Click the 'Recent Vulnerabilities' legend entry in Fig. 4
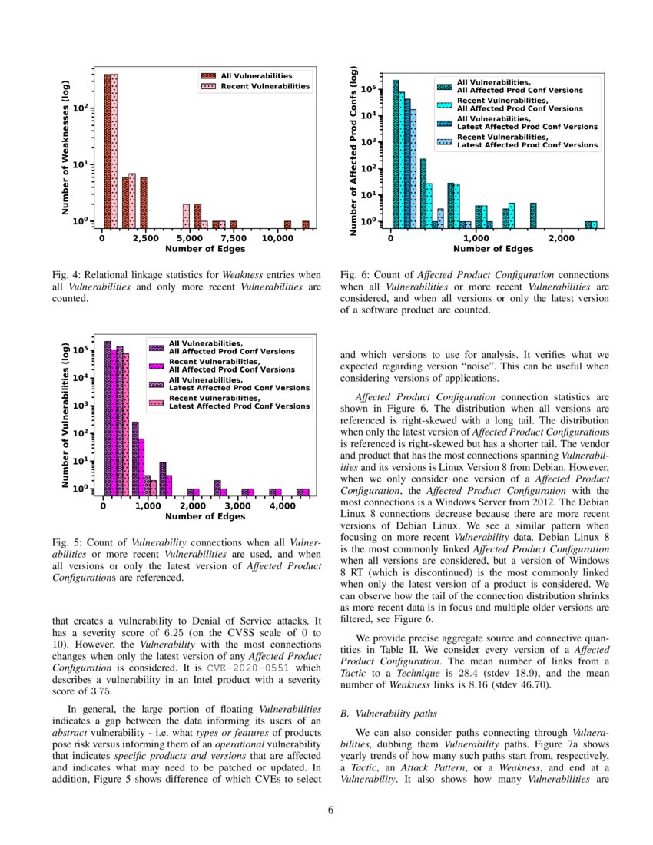[x=257, y=87]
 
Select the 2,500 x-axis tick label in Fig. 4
[x=147, y=238]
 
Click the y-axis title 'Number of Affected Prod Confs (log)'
[x=354, y=151]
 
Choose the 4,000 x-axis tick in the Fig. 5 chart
[x=283, y=506]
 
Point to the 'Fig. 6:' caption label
[x=353, y=274]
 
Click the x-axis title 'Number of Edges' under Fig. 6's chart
[x=492, y=249]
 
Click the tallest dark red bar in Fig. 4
[x=108, y=150]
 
